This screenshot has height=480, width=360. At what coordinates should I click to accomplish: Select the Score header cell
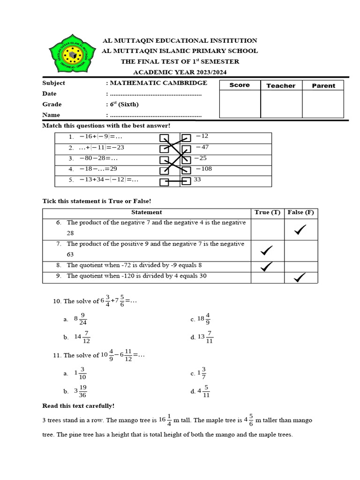(x=240, y=85)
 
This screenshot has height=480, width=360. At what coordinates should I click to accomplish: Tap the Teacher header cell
(x=281, y=85)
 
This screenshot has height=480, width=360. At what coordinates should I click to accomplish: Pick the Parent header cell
(x=323, y=85)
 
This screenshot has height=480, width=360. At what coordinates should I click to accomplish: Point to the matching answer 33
(x=197, y=179)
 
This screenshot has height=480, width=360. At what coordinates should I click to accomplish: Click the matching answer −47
(x=202, y=147)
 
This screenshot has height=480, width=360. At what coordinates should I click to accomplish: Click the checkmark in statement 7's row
(x=267, y=251)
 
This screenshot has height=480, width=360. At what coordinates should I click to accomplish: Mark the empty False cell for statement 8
(x=300, y=266)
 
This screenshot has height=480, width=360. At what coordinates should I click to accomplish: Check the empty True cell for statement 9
(x=268, y=277)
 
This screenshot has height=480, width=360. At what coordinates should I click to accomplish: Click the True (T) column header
(x=267, y=212)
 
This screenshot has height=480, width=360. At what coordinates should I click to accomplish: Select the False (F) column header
(x=300, y=212)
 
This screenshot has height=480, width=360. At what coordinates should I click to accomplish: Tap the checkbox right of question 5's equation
(x=164, y=181)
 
